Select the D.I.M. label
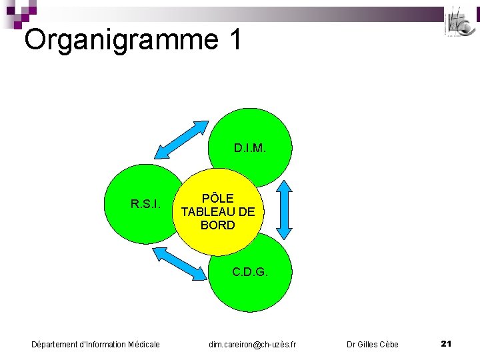click(x=250, y=147)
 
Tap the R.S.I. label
click(x=145, y=203)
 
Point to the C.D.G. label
click(x=250, y=272)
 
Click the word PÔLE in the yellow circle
click(x=218, y=199)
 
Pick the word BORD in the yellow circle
click(x=218, y=225)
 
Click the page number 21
click(x=447, y=343)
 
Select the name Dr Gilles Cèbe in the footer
click(x=373, y=344)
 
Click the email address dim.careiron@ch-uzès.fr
click(x=253, y=344)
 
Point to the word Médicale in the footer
click(x=143, y=344)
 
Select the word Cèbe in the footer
click(x=388, y=344)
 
